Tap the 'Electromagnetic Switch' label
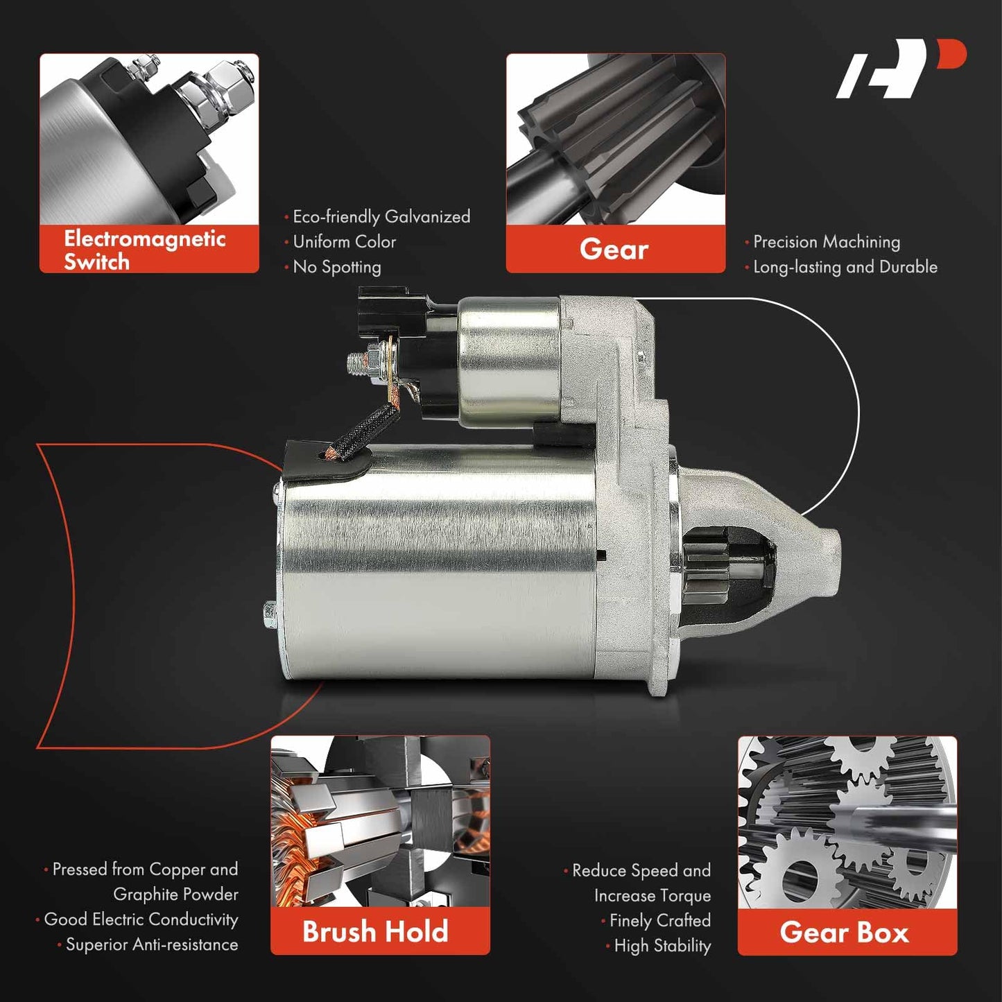(x=144, y=250)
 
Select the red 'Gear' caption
(x=614, y=248)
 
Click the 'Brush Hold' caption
(x=375, y=931)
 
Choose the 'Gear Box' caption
(x=845, y=931)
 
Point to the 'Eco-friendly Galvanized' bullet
(x=377, y=216)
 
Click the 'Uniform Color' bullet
(x=340, y=241)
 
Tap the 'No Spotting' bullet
(x=333, y=267)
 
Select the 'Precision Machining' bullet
(x=822, y=242)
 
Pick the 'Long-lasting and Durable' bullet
(x=841, y=267)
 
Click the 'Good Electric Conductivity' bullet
(x=137, y=919)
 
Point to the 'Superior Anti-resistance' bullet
(x=148, y=944)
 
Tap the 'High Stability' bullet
(x=658, y=945)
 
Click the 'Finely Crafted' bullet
(x=656, y=920)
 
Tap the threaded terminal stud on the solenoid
(x=359, y=363)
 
